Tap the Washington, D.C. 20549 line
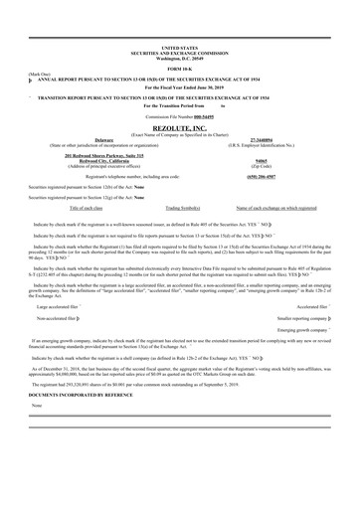click(179, 56)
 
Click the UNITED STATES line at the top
click(179, 46)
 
